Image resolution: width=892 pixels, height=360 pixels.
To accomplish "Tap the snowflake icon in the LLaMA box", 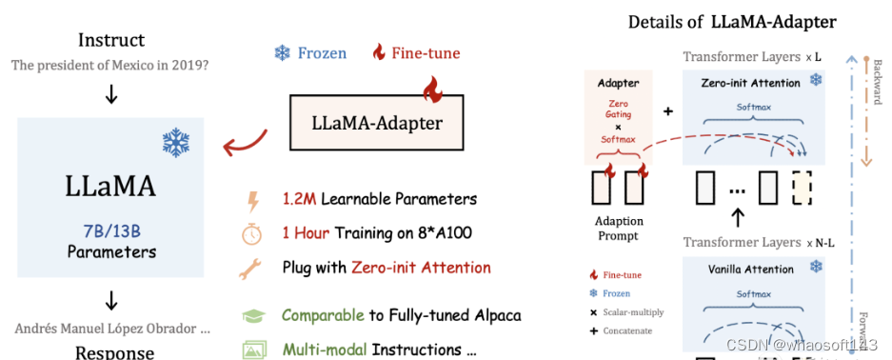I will [x=175, y=143].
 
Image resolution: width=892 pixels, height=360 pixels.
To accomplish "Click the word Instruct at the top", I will [x=111, y=40].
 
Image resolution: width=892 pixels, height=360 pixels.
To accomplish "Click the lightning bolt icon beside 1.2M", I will [x=252, y=201].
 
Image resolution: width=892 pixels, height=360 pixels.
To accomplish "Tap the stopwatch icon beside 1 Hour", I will [x=253, y=234].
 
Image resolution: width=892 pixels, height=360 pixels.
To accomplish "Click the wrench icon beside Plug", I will [x=253, y=270].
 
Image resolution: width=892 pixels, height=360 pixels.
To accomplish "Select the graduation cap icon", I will [x=253, y=315].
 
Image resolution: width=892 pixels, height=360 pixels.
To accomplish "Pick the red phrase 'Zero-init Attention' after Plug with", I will [x=422, y=268].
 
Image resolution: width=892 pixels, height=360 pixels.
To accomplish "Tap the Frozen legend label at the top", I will [x=322, y=52].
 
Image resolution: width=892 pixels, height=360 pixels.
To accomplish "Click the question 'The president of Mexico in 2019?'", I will [x=111, y=65].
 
